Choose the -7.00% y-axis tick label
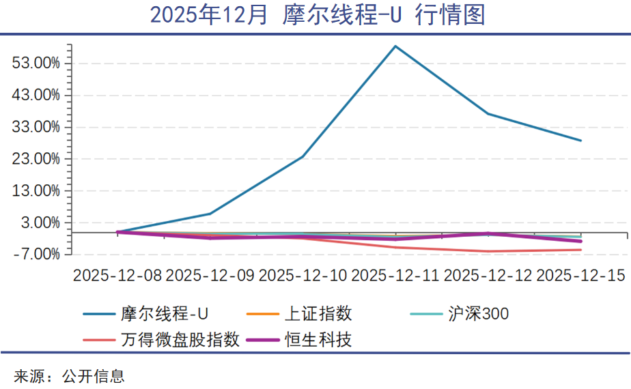point(38,255)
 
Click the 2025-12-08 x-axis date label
point(117,275)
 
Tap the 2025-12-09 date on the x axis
point(210,275)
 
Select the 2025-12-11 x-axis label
point(395,275)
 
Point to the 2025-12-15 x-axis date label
point(581,275)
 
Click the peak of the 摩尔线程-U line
point(395,46)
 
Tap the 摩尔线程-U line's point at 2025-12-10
point(303,157)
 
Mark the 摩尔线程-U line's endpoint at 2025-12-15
point(581,141)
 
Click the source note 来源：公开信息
point(69,375)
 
